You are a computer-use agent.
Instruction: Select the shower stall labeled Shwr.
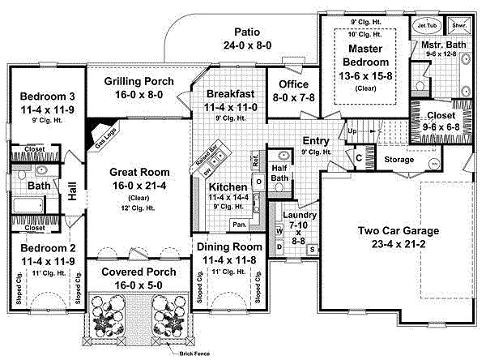click(x=460, y=26)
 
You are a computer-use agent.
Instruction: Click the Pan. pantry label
click(x=239, y=224)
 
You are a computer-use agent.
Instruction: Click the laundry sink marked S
click(x=312, y=247)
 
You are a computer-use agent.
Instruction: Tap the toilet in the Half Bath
click(x=279, y=187)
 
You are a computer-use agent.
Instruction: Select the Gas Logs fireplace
click(x=101, y=132)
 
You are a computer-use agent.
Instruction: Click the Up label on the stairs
click(x=352, y=131)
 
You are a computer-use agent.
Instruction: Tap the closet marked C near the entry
click(x=358, y=158)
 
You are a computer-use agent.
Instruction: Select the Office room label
click(x=290, y=84)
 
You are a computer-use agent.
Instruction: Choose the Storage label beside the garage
click(x=399, y=160)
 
